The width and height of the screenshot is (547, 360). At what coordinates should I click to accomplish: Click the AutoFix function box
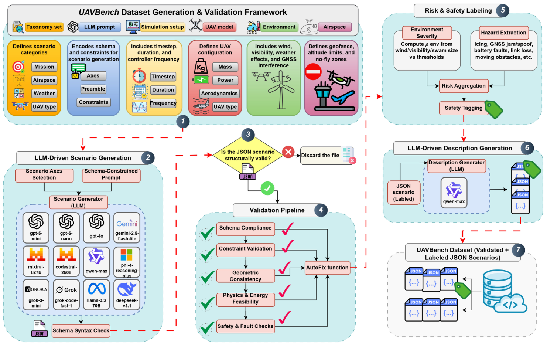[327, 268]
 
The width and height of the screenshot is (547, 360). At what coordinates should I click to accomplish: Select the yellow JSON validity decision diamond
[248, 155]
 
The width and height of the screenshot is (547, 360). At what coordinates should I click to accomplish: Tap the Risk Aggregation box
[464, 86]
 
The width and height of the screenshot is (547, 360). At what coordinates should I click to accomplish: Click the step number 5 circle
[503, 10]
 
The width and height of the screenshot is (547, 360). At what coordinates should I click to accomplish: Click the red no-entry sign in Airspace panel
[313, 72]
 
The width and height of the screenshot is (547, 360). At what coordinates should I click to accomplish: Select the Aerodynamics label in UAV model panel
[219, 94]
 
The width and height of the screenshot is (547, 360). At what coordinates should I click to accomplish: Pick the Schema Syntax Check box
[81, 330]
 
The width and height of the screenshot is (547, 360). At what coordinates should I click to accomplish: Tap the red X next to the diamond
[288, 152]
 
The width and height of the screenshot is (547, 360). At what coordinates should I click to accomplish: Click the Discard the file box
[320, 155]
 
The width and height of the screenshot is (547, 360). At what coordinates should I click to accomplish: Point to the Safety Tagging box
[463, 108]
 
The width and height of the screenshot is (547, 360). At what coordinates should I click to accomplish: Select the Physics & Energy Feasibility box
[246, 299]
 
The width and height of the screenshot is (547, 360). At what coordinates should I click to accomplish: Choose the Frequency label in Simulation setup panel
[163, 103]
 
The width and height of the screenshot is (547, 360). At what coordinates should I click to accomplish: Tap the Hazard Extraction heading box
[503, 33]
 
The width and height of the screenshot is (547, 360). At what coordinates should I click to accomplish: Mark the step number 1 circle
[183, 121]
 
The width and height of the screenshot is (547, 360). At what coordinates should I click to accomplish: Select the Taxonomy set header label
[44, 27]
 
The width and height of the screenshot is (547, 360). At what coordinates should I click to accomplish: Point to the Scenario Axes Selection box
[44, 174]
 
